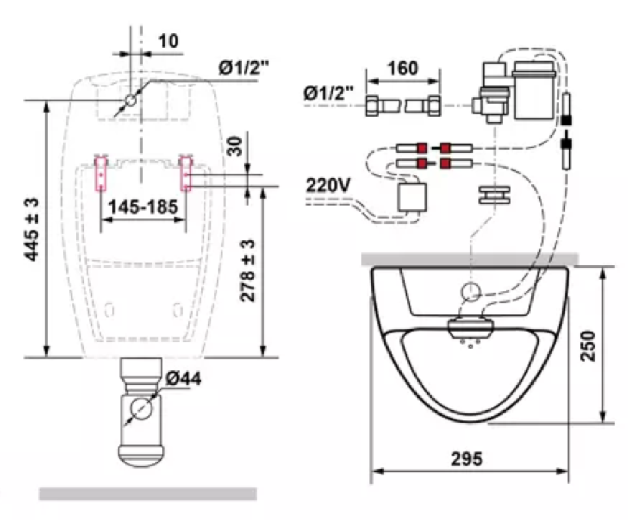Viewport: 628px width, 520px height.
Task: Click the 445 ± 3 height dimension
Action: point(32,229)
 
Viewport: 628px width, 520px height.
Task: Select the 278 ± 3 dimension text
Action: point(248,270)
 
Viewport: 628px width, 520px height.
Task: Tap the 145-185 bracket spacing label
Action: point(143,207)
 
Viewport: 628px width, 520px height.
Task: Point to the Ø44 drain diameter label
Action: point(183,378)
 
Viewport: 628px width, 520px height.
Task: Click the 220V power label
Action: point(328,185)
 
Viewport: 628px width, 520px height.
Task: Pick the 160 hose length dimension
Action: point(403,68)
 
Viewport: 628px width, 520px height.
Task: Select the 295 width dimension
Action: point(467,458)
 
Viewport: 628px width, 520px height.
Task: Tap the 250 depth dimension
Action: point(588,345)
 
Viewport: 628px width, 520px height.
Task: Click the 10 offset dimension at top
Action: point(168,41)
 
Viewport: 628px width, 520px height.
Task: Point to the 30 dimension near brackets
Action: point(235,146)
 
